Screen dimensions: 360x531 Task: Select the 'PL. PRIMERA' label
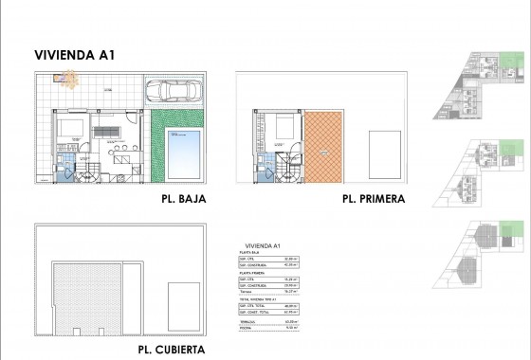[x=374, y=200]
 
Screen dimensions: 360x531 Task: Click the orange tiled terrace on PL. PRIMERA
[x=323, y=147]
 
